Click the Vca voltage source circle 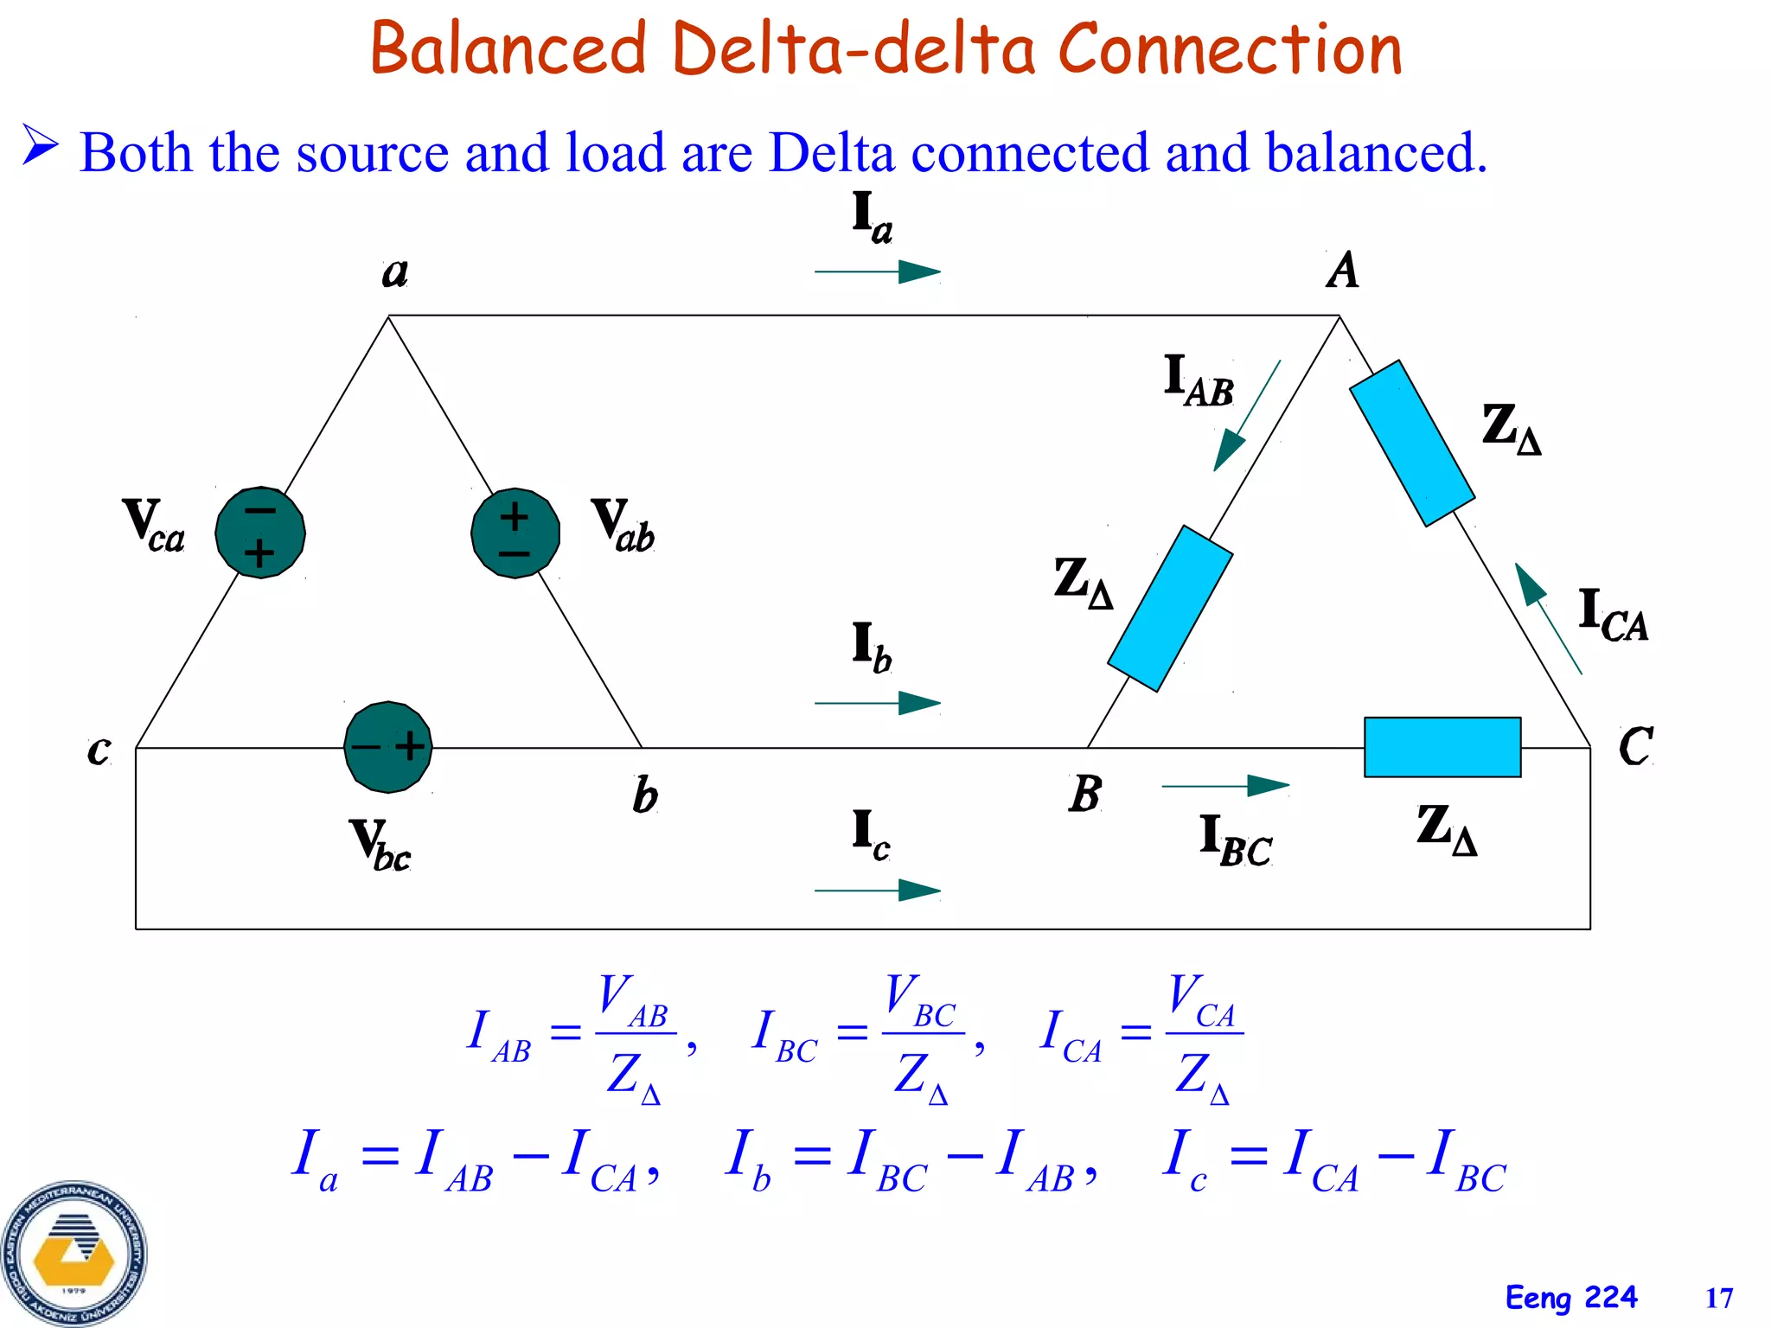[x=260, y=532]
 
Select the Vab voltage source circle [x=515, y=533]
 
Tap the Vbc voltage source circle [x=388, y=747]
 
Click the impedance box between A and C [x=1412, y=444]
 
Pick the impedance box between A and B [x=1170, y=608]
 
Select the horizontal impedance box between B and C [x=1442, y=747]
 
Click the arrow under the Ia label [x=878, y=271]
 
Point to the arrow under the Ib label [x=878, y=703]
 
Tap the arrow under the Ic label [x=878, y=890]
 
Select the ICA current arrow [x=1548, y=617]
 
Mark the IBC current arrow [x=1225, y=786]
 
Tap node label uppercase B [x=1085, y=793]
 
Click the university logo [x=74, y=1254]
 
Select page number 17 [x=1718, y=1298]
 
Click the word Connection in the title [x=1229, y=48]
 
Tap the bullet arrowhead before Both [x=41, y=144]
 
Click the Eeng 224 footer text [x=1570, y=1298]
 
